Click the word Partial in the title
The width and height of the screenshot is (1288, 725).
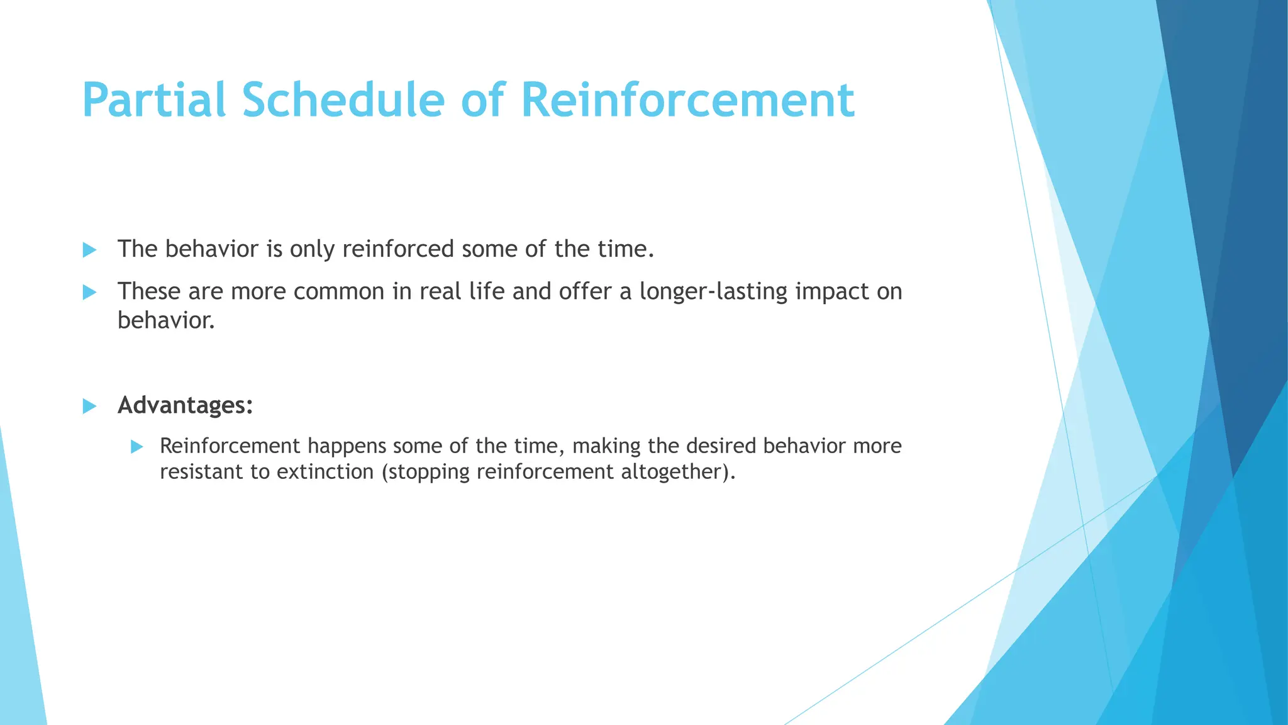click(153, 100)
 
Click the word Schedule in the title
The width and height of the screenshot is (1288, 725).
click(343, 100)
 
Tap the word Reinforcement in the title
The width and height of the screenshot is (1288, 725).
click(687, 100)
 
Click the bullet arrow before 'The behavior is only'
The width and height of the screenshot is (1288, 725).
click(89, 250)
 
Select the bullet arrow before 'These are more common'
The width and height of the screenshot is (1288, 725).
click(89, 292)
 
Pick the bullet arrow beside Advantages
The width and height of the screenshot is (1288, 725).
click(89, 406)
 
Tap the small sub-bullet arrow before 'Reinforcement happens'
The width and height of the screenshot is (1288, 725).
click(137, 447)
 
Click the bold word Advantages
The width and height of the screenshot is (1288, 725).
click(185, 405)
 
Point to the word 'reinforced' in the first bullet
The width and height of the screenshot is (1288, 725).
click(398, 249)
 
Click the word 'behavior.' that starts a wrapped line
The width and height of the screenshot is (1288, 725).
click(166, 320)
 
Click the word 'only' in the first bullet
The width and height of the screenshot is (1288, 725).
click(312, 250)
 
